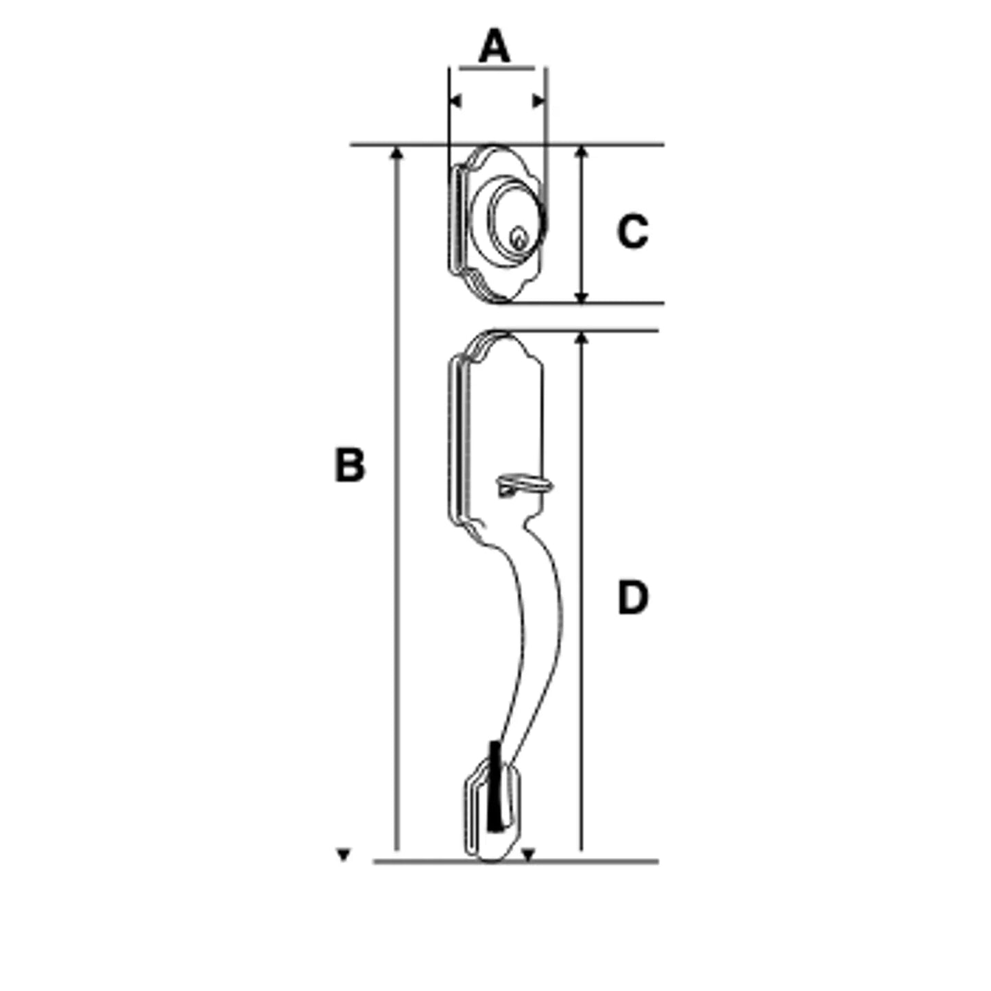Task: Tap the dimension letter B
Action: tap(350, 466)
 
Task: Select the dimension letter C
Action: tap(632, 231)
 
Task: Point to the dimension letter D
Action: tap(632, 597)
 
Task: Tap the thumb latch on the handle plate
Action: tap(525, 484)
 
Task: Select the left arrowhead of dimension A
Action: tap(455, 101)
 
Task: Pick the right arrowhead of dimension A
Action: tap(538, 101)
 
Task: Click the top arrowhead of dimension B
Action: tap(396, 153)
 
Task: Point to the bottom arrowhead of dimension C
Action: tap(581, 296)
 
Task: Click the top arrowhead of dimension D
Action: tap(581, 338)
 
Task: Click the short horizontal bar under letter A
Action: tap(497, 68)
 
